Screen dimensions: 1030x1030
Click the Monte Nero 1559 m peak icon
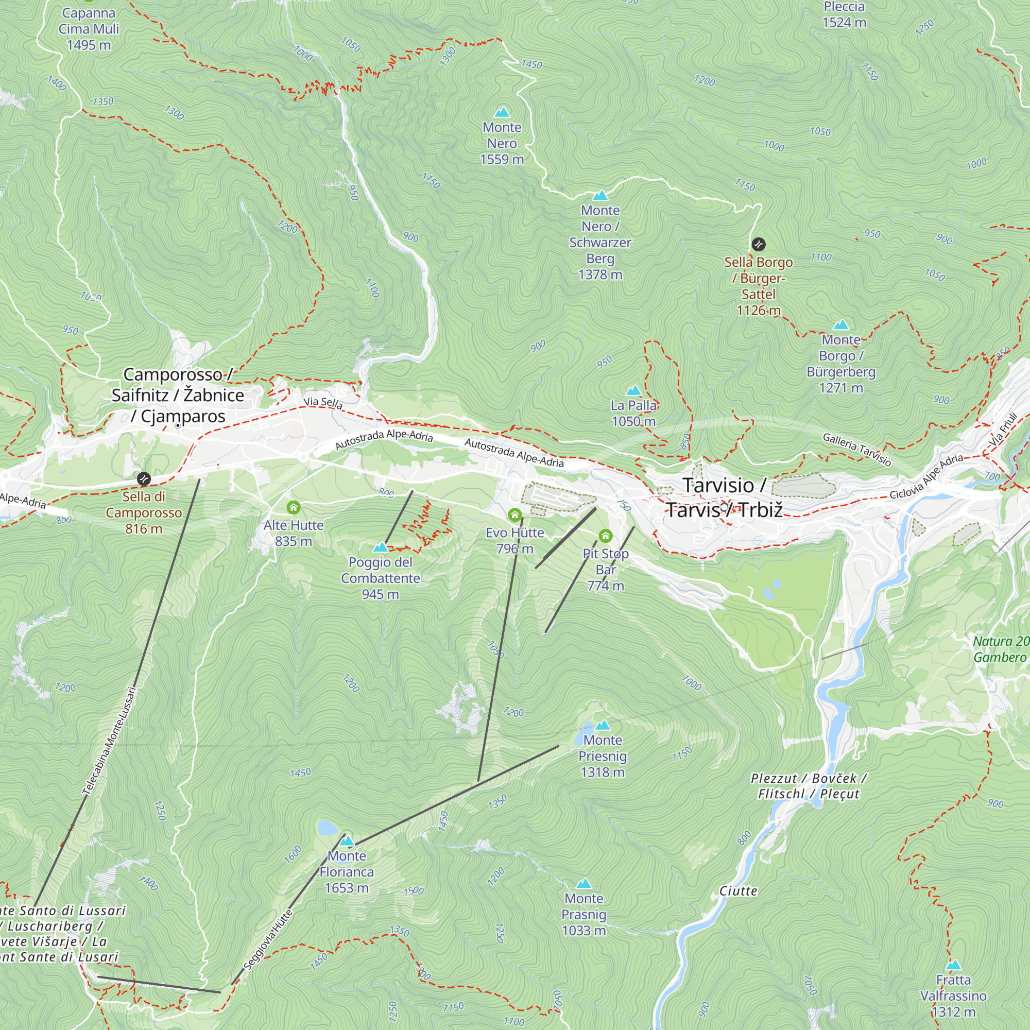coord(502,112)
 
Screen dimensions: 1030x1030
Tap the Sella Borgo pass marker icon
coord(758,245)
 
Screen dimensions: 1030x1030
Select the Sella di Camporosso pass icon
coord(143,479)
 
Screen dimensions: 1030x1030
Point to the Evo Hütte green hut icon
coord(514,515)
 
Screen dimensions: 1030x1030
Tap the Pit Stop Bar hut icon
coord(605,535)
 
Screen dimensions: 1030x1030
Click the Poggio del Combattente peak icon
coord(381,547)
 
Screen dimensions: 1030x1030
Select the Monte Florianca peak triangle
coord(347,842)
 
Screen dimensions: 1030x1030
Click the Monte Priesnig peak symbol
coord(603,725)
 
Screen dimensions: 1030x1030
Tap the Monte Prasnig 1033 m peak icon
coord(584,884)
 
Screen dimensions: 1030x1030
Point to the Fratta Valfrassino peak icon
coord(953,966)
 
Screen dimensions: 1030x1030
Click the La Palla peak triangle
coord(633,391)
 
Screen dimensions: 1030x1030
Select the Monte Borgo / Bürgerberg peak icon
coord(841,324)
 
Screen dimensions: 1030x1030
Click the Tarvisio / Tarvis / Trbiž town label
coord(724,497)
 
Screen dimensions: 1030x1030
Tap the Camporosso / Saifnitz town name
coord(178,395)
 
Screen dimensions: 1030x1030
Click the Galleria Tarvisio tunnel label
coord(857,450)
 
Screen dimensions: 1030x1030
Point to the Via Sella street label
coord(323,403)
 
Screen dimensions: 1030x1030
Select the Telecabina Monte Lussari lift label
coord(110,741)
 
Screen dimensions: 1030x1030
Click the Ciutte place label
coord(738,891)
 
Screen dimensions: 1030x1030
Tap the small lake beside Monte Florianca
coord(327,828)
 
